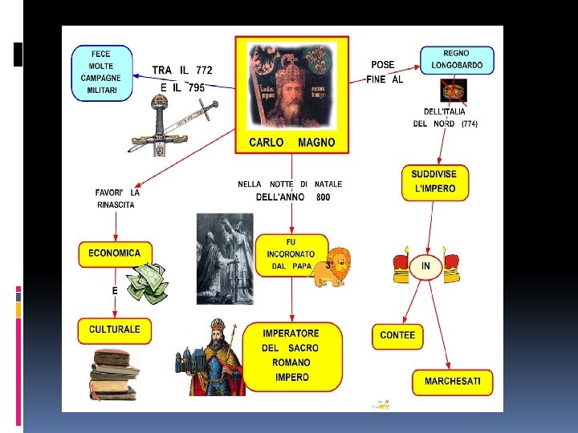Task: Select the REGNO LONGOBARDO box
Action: (457, 60)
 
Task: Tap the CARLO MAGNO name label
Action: (291, 143)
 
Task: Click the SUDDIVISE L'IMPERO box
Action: (434, 182)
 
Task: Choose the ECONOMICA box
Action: (114, 253)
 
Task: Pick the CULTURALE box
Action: (114, 330)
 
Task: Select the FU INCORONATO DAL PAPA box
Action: (291, 254)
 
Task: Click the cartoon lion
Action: (331, 267)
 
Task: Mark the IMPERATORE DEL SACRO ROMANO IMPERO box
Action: (291, 355)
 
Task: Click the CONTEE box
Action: (397, 335)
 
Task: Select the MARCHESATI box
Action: (453, 382)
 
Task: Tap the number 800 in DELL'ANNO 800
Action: (323, 197)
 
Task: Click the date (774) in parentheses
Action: (470, 124)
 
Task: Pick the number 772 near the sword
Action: (204, 71)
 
